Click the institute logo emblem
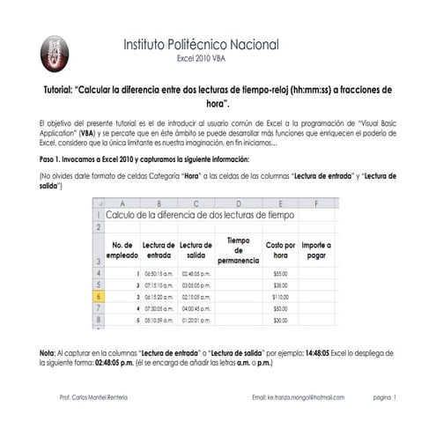tap(54, 54)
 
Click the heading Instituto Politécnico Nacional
tap(201, 44)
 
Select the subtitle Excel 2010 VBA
tap(202, 59)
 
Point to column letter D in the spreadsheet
tap(238, 203)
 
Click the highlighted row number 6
tap(98, 297)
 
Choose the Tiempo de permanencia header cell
tap(238, 249)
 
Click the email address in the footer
tap(298, 398)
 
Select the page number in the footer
tap(385, 398)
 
